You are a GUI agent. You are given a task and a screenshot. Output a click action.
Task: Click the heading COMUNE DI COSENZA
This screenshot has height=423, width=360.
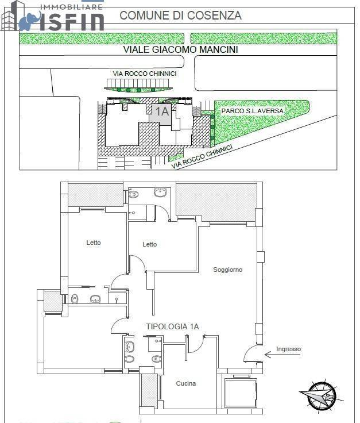[x=180, y=16]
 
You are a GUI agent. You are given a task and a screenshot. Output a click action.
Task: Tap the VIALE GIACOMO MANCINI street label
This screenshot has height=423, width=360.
[x=180, y=50]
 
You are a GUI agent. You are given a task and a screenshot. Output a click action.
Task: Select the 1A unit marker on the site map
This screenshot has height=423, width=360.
[x=162, y=112]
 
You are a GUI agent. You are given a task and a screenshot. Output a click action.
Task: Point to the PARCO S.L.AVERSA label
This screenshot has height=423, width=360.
[x=252, y=110]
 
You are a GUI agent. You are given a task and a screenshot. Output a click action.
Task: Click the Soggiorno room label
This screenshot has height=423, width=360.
[x=228, y=270]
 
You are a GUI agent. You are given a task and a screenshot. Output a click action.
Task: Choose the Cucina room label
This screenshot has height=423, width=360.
[x=186, y=383]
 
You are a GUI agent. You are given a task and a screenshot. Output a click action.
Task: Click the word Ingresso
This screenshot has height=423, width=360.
[x=288, y=349]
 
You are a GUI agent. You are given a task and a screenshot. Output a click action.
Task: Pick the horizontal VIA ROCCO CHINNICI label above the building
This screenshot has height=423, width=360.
[x=144, y=74]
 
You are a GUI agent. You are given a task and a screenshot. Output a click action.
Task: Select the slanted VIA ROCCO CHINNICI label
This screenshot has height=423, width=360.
[x=202, y=156]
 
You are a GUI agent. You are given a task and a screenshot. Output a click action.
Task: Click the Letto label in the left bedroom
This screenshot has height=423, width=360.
[x=94, y=243]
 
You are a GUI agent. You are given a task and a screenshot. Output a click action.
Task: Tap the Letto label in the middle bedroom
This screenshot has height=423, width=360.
[x=150, y=244]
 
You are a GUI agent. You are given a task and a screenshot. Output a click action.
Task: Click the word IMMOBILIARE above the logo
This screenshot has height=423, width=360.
[x=71, y=6]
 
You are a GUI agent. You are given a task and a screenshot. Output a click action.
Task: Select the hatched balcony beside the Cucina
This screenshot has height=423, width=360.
[x=149, y=391]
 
